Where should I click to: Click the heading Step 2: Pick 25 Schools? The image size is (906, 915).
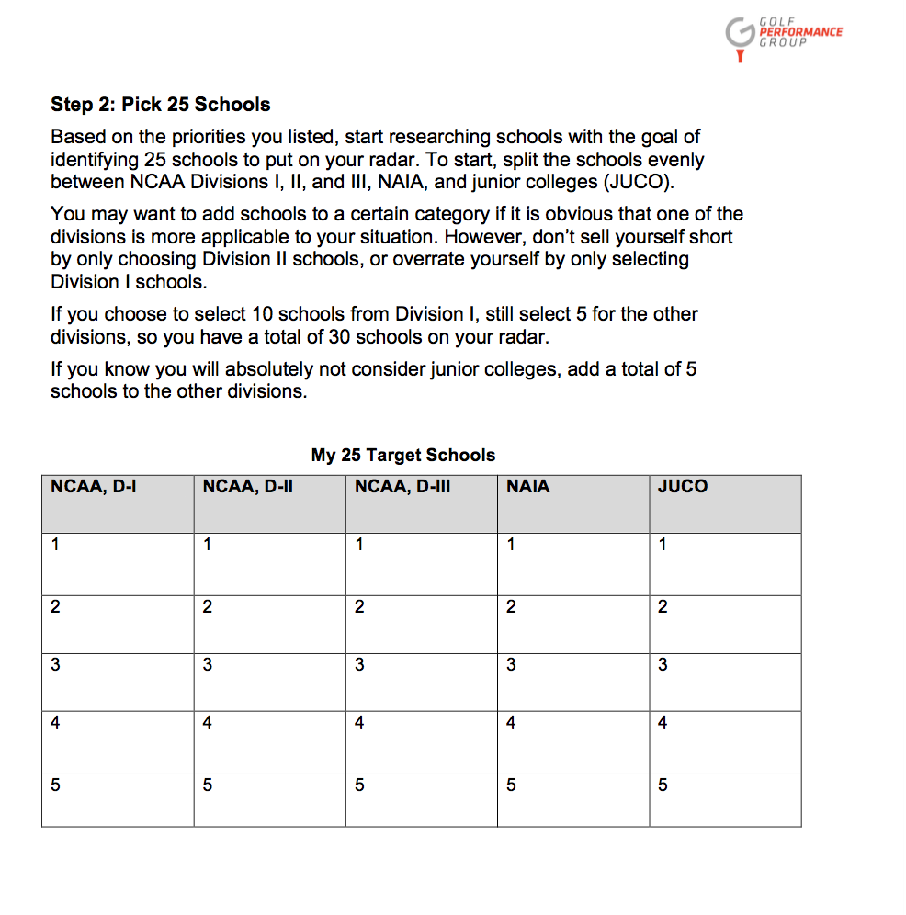point(161,105)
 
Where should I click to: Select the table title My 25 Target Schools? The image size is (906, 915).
point(403,455)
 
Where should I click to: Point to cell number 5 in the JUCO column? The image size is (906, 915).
point(725,798)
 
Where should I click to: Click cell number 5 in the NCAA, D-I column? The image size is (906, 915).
point(118,798)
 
